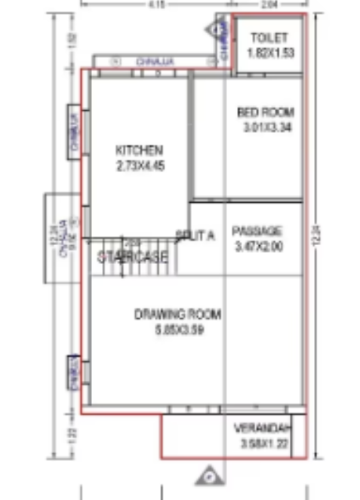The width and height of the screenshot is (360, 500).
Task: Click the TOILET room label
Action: (266, 37)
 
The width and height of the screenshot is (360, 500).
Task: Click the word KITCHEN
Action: (138, 149)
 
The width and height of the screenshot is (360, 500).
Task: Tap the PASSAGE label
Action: (257, 231)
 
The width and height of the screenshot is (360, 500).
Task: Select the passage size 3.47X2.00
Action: (258, 245)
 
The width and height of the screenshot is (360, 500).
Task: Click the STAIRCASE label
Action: (133, 257)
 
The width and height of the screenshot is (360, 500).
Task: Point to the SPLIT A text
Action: (195, 235)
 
